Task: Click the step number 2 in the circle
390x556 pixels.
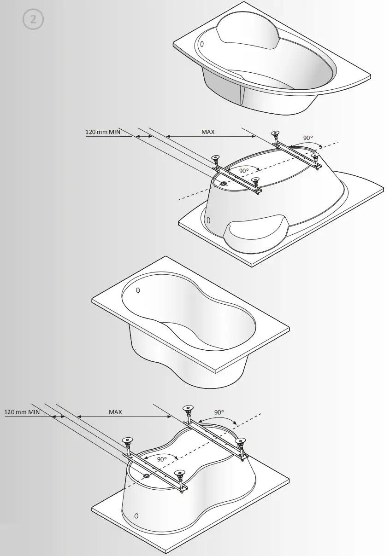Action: click(x=33, y=20)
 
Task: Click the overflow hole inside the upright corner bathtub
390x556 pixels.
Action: click(x=201, y=44)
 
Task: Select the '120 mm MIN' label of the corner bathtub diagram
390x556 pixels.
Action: click(x=102, y=132)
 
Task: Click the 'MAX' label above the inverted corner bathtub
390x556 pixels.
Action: click(x=208, y=132)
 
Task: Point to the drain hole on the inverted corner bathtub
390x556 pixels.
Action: click(x=224, y=184)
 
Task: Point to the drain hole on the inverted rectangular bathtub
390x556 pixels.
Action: click(x=146, y=475)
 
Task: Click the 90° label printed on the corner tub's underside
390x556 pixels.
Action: click(x=244, y=170)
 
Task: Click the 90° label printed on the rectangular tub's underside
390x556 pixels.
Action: click(x=161, y=459)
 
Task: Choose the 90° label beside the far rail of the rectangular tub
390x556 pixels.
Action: click(x=219, y=412)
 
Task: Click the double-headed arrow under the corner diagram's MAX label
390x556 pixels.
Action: click(x=210, y=137)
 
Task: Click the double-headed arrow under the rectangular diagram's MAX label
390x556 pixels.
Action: click(x=124, y=417)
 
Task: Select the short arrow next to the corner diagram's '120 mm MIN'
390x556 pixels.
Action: click(x=145, y=137)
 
